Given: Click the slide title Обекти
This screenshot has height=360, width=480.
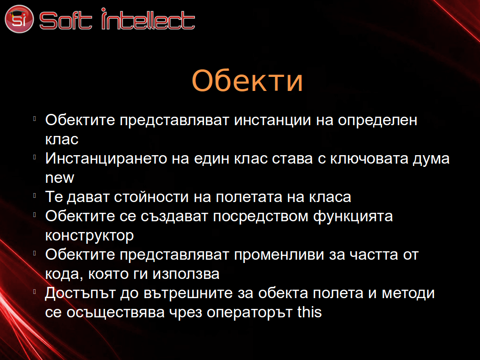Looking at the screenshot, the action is point(247,80).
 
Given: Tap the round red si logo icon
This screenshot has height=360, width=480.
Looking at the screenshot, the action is point(19,19).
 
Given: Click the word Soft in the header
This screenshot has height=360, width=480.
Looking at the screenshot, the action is point(66,21).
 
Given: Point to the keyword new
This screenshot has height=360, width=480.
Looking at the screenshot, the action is point(60,178).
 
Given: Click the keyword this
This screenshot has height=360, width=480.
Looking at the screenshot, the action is point(309,312).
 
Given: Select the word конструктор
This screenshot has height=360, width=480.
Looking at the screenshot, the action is point(90,236).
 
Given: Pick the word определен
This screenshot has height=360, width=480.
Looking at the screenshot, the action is point(377,120).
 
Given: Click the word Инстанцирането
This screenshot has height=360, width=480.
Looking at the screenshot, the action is point(106,159).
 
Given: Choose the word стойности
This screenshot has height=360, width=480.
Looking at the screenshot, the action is point(151,197).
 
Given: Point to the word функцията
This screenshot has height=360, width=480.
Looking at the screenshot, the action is point(353,217).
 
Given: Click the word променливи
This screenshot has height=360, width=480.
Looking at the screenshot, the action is point(279,255).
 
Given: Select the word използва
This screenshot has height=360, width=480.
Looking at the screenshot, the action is point(186,274).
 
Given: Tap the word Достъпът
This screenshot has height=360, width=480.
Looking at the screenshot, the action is point(80,293).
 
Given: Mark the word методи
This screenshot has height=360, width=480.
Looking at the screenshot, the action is point(408,293).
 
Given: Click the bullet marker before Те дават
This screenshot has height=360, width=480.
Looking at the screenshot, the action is point(35,195).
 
